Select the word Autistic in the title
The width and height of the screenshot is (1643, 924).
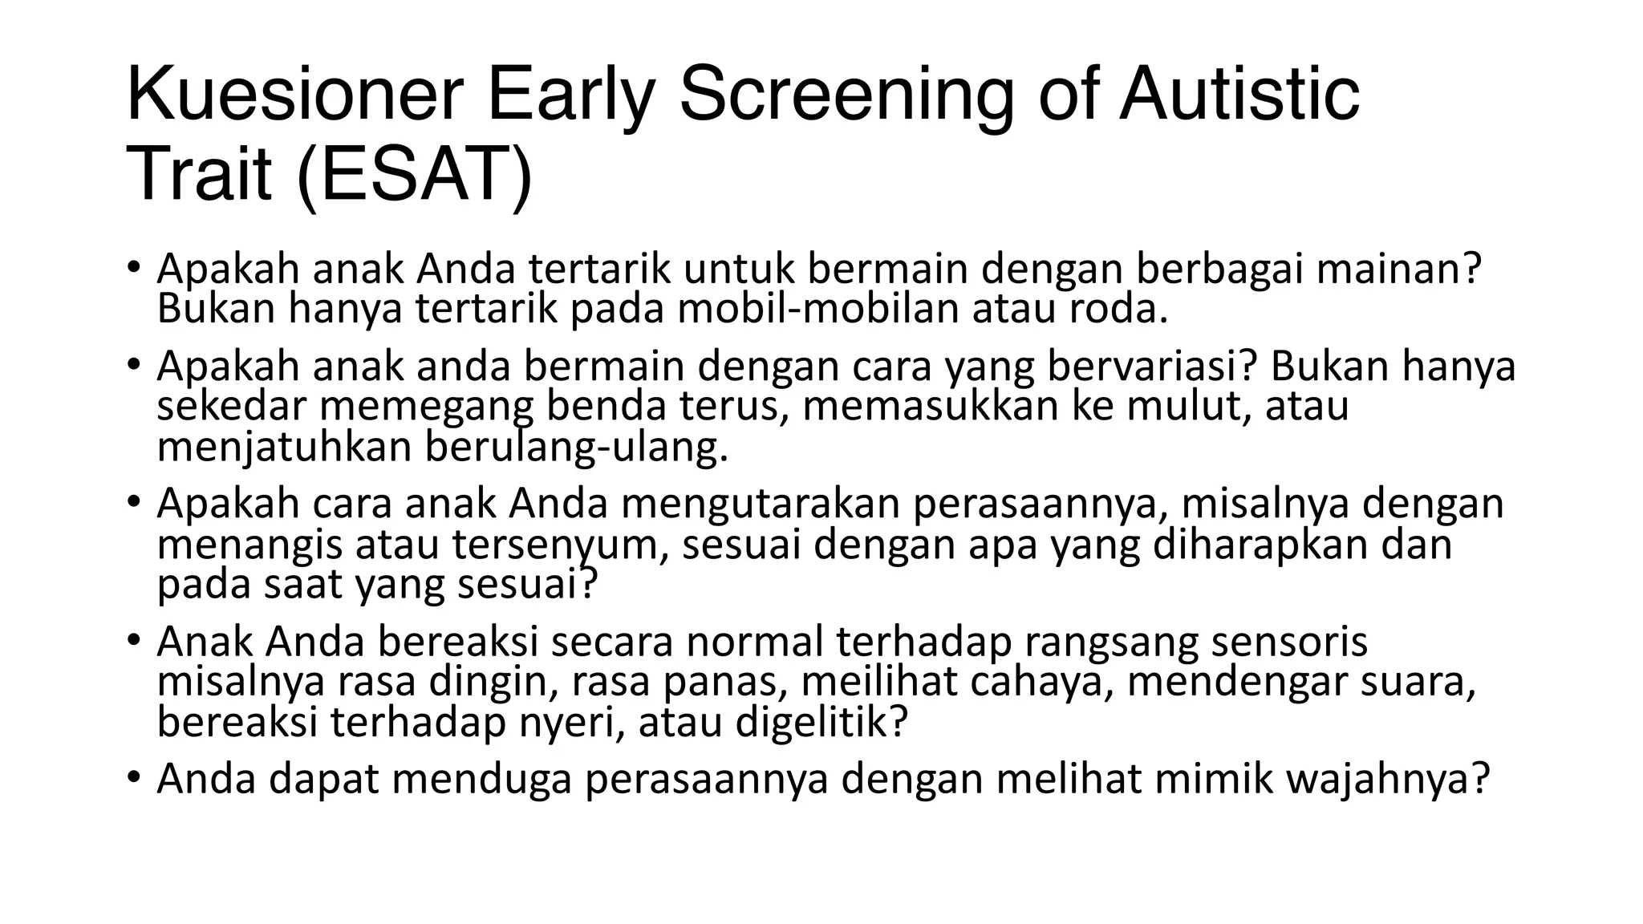click(1239, 96)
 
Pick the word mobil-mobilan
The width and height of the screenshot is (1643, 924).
click(818, 310)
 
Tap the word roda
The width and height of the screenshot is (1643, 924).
click(1117, 310)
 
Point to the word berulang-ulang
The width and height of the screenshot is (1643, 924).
click(575, 448)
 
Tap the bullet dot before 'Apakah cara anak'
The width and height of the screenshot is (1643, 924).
click(133, 503)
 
